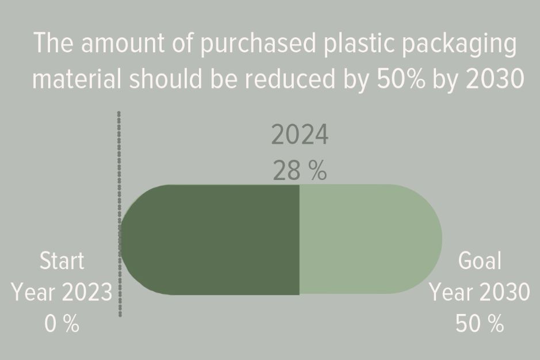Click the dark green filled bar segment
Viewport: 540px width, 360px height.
[x=210, y=240]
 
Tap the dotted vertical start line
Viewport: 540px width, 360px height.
[x=119, y=214]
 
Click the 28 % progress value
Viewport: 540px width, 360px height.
[x=300, y=171]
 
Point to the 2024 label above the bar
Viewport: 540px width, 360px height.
[x=300, y=135]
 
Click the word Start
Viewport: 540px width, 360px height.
[x=62, y=261]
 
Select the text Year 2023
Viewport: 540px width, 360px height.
[x=62, y=292]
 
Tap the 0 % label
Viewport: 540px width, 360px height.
[x=62, y=324]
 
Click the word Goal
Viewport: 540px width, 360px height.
[x=480, y=261]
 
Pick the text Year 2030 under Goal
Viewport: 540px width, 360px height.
[x=480, y=292]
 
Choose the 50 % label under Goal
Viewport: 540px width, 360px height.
[x=480, y=324]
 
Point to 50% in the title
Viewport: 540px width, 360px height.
[x=401, y=78]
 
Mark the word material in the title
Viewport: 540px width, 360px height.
[x=77, y=78]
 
